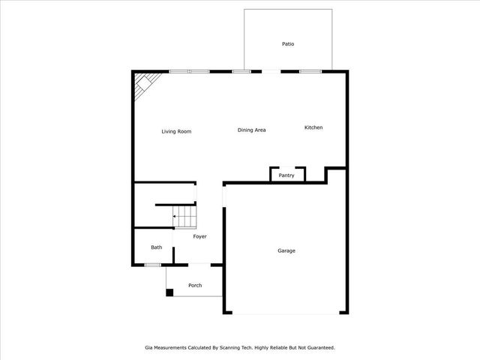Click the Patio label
pos(288,44)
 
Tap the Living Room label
pos(176,131)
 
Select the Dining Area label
pos(251,130)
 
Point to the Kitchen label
pos(313,127)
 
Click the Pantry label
pos(286,175)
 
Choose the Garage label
pos(286,250)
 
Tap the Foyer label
pos(199,237)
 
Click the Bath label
pos(156,247)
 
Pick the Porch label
pos(195,285)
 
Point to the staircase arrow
pos(175,216)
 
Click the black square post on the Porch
pos(169,292)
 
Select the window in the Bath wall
pos(152,264)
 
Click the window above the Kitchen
pos(310,71)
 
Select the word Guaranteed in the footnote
pos(319,347)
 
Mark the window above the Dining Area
pos(241,71)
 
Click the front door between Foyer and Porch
pos(199,264)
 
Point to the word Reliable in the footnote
pos(271,347)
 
